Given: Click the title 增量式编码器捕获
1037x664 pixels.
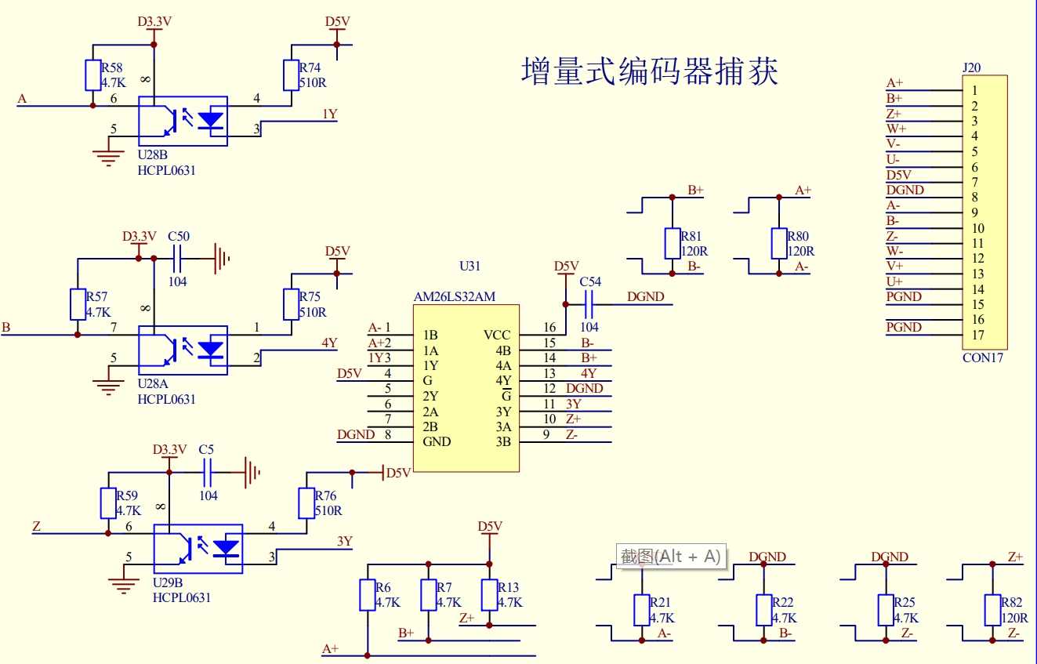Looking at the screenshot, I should (650, 72).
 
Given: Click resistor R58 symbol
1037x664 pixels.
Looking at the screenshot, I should (92, 75).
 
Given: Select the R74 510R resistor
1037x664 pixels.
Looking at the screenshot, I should (291, 75).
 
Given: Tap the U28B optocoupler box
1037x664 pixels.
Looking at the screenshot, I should (183, 121).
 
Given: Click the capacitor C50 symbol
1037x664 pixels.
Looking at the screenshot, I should (179, 256).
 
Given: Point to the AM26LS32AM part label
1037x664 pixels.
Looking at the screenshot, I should (455, 297).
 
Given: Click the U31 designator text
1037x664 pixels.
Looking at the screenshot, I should (470, 267).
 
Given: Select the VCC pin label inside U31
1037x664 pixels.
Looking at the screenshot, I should (497, 336).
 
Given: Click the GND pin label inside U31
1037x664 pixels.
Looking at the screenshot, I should (437, 441).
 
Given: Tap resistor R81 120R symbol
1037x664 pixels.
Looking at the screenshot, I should (672, 243).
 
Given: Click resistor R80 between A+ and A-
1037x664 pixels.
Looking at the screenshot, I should (778, 243).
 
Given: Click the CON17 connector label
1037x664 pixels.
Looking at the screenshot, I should (982, 357).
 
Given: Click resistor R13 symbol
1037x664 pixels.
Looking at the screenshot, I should (490, 595).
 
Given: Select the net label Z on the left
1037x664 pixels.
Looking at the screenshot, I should (36, 526).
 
